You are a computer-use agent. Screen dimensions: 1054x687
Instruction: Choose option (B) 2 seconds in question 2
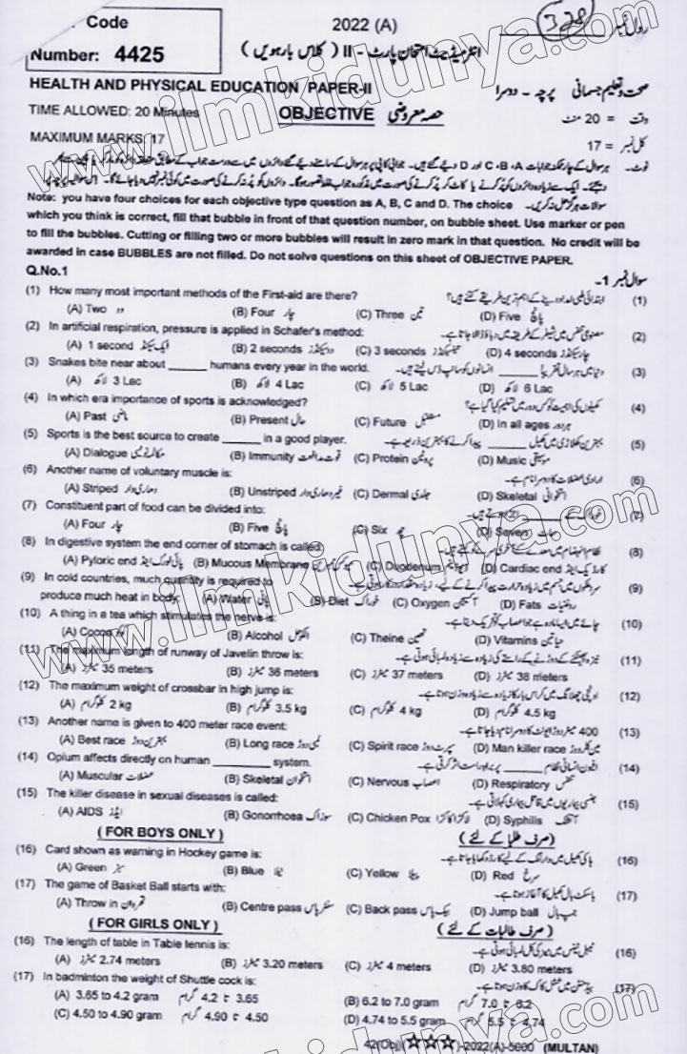269,350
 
